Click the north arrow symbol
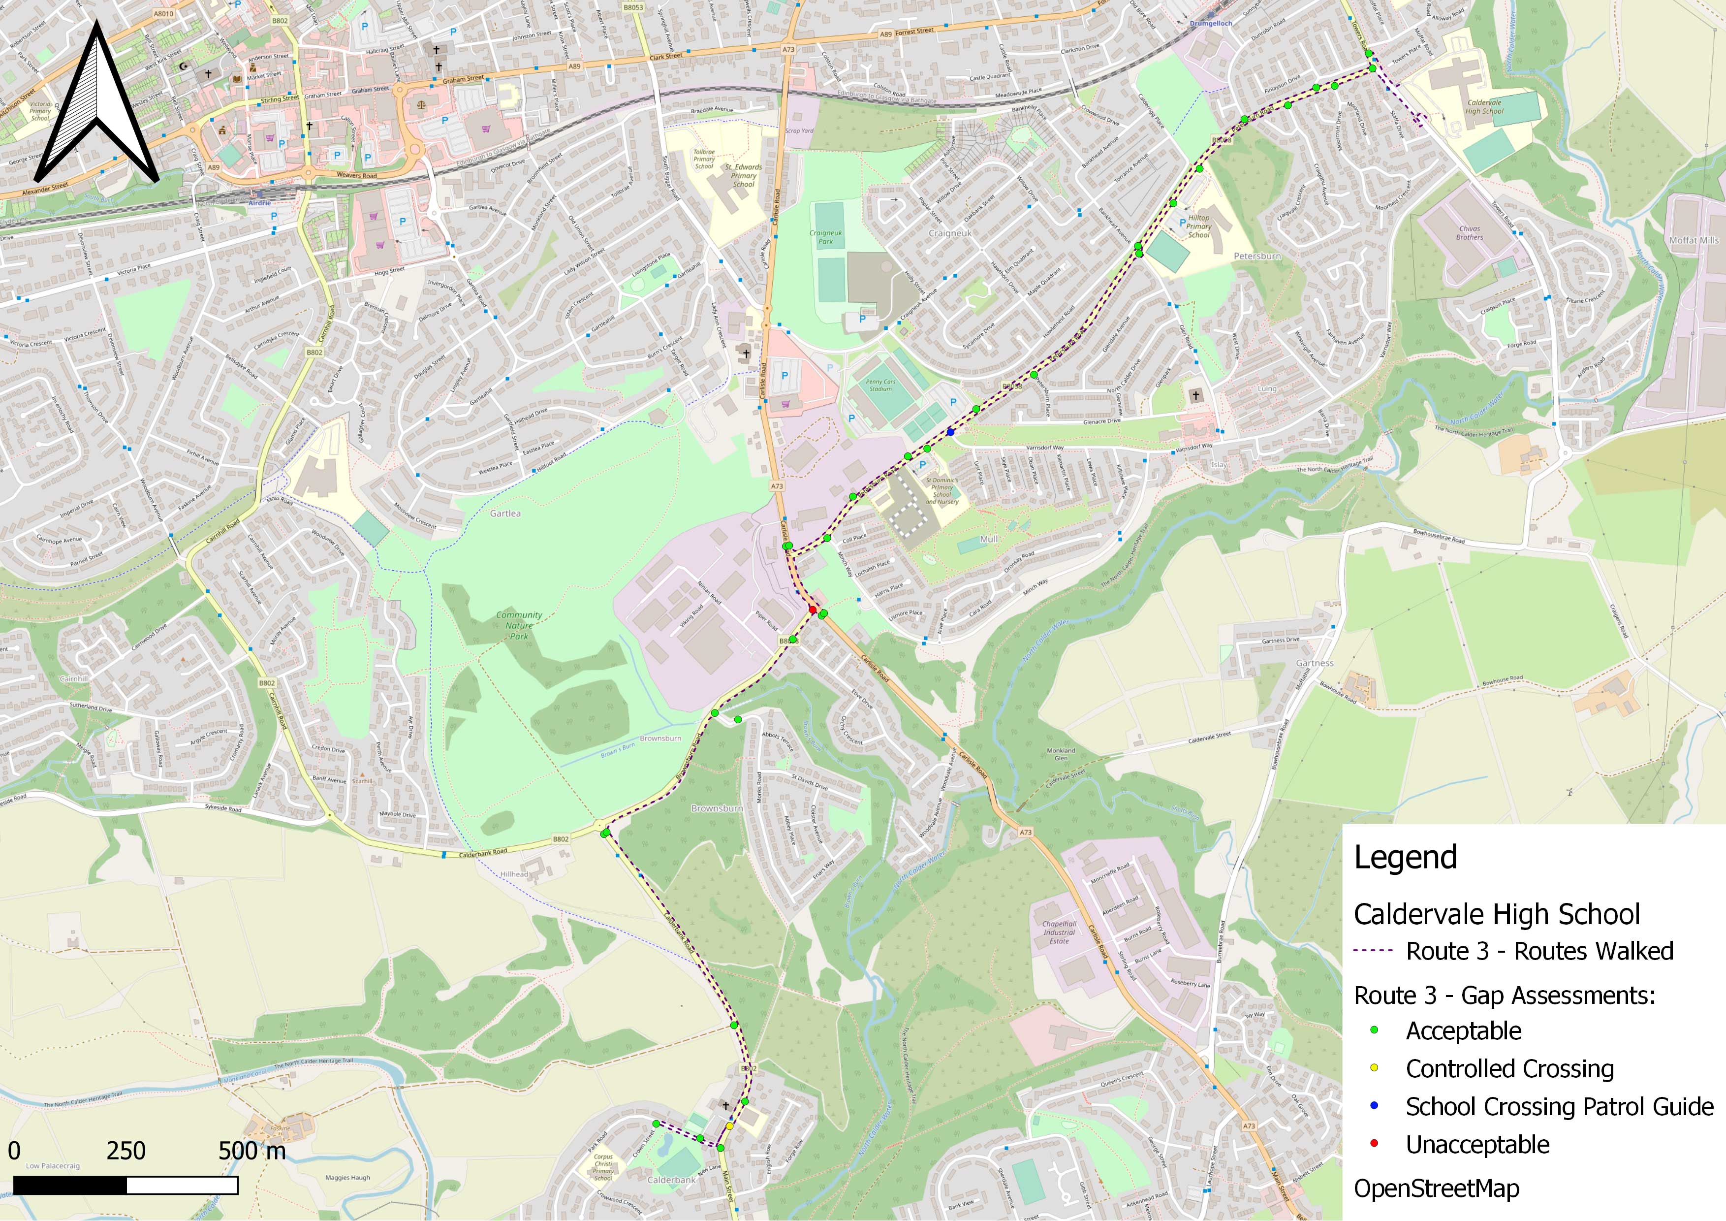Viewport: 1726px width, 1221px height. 95,105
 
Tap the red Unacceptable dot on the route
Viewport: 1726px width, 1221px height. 813,609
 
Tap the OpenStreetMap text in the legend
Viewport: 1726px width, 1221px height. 1436,1189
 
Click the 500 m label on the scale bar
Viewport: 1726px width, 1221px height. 252,1150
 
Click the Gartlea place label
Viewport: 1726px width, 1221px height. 505,514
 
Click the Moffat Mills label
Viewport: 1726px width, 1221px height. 1694,241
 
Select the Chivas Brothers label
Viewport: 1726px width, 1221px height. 1469,233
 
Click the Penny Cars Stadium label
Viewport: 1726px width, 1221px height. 880,385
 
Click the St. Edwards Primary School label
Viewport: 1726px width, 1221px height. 743,176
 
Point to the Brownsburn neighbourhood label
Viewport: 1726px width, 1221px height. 717,808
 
